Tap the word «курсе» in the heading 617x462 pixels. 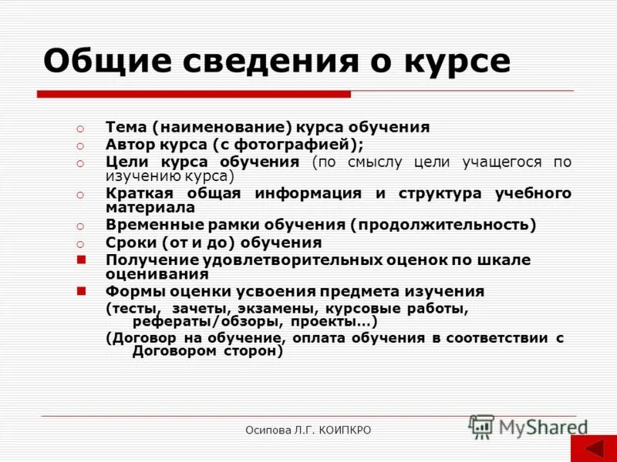tap(463, 62)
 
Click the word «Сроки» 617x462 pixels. tap(130, 243)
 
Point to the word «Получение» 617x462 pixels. tap(150, 259)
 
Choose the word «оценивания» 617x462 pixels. tap(157, 274)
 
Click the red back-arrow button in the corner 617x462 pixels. tap(593, 449)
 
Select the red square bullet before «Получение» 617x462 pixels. tap(80, 259)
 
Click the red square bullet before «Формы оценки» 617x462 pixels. tap(80, 291)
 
